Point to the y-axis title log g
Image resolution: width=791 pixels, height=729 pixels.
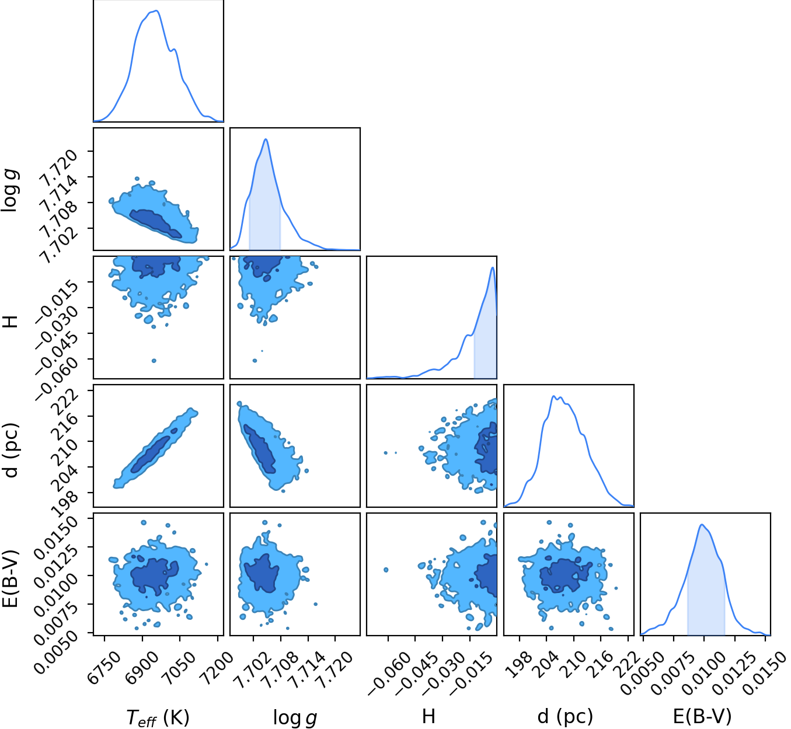click(x=9, y=190)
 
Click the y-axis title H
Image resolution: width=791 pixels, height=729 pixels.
click(x=10, y=320)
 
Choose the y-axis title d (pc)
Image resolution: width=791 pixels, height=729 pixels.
click(x=10, y=450)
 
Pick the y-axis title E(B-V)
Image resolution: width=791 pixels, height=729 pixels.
click(x=10, y=578)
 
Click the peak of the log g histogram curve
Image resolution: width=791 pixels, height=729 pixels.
click(x=266, y=139)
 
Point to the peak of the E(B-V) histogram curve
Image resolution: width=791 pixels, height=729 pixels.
click(x=702, y=525)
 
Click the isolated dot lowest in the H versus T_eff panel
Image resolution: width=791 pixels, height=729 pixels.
click(x=154, y=361)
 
